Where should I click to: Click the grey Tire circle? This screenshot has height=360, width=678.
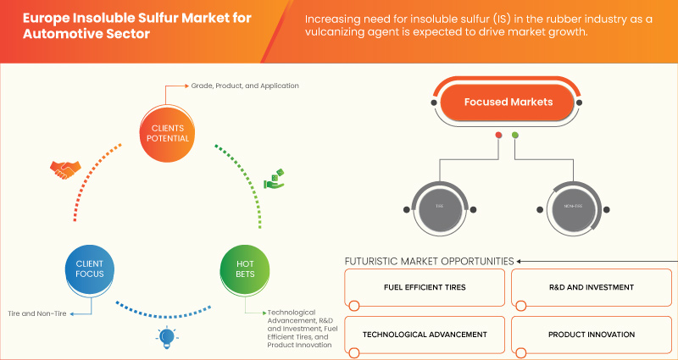click(439, 206)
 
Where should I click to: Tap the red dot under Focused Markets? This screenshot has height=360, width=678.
click(498, 135)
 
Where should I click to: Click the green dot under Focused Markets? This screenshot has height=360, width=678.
click(515, 135)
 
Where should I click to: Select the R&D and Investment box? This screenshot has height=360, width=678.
click(591, 288)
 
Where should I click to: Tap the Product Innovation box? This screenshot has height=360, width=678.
click(591, 334)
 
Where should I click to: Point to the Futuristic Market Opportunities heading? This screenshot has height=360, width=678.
click(429, 260)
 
